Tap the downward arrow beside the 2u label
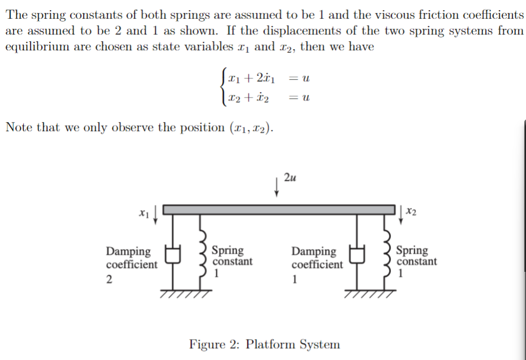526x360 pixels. tap(276, 186)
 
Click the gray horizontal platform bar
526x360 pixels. tap(280, 210)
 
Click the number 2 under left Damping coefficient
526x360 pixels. tap(109, 279)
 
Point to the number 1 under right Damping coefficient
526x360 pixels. tap(294, 279)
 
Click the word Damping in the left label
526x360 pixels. tap(128, 251)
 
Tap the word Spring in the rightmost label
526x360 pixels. tap(412, 250)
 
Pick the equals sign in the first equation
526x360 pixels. tap(293, 79)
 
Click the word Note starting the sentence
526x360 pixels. tap(19, 127)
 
